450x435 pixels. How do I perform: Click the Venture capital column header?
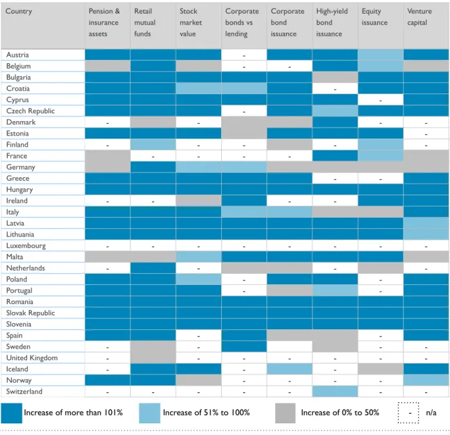click(x=419, y=17)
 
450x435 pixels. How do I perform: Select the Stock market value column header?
click(x=191, y=23)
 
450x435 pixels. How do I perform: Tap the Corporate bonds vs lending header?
click(x=242, y=23)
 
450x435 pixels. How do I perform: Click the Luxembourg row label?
click(x=26, y=246)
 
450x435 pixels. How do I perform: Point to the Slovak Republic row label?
click(x=30, y=313)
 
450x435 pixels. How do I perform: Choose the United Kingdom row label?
click(x=32, y=358)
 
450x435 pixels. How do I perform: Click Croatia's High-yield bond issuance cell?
click(x=335, y=89)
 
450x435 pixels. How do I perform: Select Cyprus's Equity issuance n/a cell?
click(x=380, y=100)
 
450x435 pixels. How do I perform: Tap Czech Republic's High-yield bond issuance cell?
click(x=335, y=111)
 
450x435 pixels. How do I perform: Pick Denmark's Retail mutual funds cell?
click(x=153, y=122)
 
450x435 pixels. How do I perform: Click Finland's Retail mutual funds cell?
click(x=153, y=144)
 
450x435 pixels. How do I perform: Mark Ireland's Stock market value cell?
click(x=199, y=201)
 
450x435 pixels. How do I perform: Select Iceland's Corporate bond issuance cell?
click(x=289, y=369)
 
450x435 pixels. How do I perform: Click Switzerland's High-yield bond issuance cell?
click(x=335, y=391)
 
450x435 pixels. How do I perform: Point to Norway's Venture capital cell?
click(x=426, y=380)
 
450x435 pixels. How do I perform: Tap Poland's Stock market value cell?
click(x=199, y=279)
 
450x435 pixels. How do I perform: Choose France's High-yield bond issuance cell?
click(x=335, y=156)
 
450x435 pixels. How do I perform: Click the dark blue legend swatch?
click(x=12, y=413)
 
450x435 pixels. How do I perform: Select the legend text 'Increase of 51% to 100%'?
click(x=206, y=412)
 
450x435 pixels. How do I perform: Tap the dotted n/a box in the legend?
click(x=408, y=413)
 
